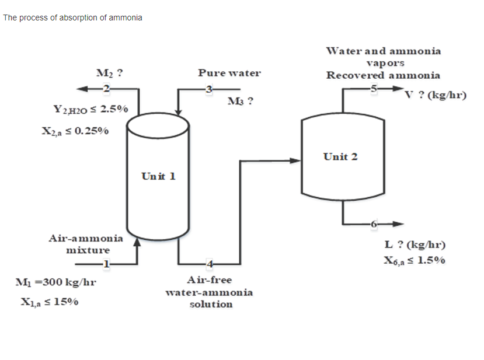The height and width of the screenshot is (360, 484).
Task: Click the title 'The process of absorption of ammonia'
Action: point(72,18)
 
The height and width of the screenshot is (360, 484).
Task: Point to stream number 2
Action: point(106,88)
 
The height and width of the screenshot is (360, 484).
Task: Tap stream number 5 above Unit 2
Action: point(374,88)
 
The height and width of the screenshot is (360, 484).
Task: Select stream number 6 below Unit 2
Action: point(374,223)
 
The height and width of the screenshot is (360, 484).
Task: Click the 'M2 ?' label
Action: point(109,74)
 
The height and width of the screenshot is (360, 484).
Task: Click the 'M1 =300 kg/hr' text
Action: point(55,282)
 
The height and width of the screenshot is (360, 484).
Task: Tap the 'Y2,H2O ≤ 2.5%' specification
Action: point(86,109)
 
